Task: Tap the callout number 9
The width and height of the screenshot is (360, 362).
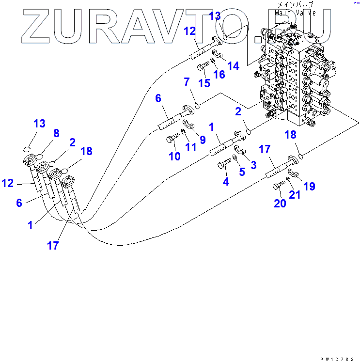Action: [x=203, y=140]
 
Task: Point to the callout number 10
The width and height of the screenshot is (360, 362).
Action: [x=174, y=156]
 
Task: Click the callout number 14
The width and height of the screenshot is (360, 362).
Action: [x=234, y=65]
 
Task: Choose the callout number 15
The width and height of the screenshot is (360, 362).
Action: [x=204, y=83]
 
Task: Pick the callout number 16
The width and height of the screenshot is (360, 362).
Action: [x=219, y=74]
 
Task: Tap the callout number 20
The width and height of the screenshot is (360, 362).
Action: [x=280, y=204]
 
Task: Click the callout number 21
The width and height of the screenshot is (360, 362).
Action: [x=295, y=195]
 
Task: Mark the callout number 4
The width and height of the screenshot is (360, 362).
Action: [x=225, y=182]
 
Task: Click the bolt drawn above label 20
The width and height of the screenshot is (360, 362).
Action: [x=279, y=186]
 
